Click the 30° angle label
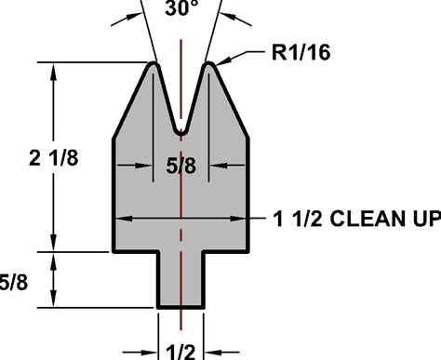(181, 8)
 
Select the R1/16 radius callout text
(301, 52)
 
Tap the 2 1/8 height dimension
(54, 158)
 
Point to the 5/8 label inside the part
(181, 166)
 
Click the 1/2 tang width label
(181, 353)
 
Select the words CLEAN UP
(385, 219)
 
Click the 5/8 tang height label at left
(14, 283)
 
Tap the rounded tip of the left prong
(154, 63)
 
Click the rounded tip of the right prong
(209, 63)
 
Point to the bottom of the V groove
(181, 133)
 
